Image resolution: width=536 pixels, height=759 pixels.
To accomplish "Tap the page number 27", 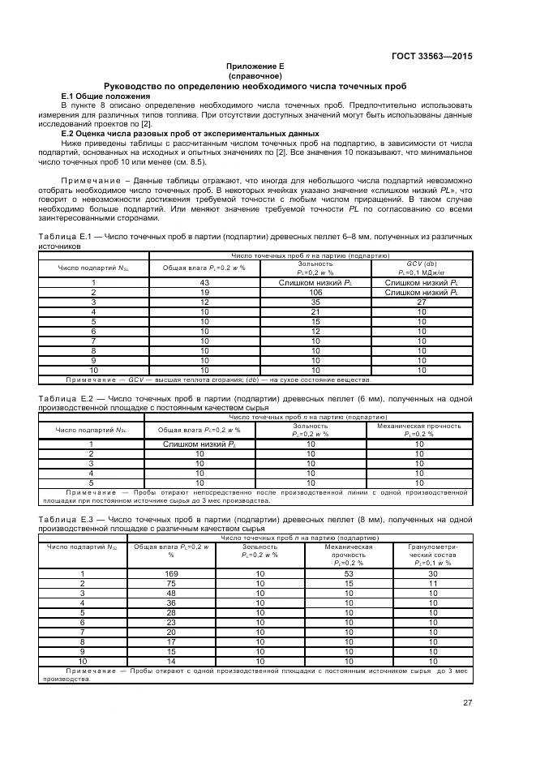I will click(468, 702).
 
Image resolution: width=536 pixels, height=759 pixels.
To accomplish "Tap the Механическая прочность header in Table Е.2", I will click(419, 430).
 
